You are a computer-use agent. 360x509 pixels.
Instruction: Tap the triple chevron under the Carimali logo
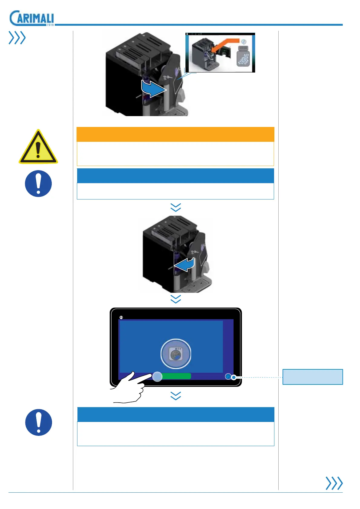click(x=17, y=38)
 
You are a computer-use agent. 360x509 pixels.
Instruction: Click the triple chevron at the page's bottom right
click(x=334, y=483)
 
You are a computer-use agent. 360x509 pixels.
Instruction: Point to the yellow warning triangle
click(x=38, y=148)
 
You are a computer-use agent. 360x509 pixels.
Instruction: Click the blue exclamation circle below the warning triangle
click(x=38, y=183)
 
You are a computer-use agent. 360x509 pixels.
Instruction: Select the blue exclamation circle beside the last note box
click(x=38, y=422)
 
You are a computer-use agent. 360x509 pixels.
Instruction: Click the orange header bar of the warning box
click(x=175, y=134)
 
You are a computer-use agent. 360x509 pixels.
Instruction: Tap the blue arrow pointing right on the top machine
click(x=154, y=89)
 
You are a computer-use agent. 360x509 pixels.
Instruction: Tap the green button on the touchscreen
click(x=176, y=376)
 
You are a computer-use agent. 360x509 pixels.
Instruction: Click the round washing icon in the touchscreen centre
click(x=175, y=354)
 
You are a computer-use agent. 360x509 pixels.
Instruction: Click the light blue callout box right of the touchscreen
click(x=313, y=377)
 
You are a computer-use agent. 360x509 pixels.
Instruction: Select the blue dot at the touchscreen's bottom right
click(x=228, y=377)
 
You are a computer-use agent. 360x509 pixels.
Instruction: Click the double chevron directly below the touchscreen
click(x=176, y=396)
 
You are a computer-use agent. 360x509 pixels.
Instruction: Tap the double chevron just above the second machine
click(x=176, y=207)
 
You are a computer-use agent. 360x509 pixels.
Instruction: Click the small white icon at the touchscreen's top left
click(x=121, y=317)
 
